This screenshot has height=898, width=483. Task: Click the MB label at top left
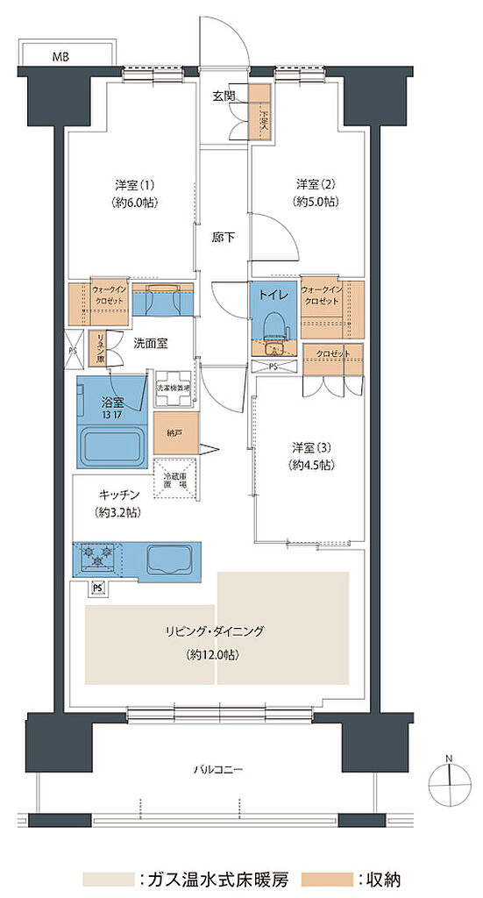(60, 57)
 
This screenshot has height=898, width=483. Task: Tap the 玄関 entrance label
(223, 96)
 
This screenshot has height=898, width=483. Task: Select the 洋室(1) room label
(135, 192)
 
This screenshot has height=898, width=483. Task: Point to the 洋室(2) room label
(316, 192)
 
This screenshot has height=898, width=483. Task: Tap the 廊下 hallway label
(223, 238)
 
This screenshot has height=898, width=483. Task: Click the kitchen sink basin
(171, 557)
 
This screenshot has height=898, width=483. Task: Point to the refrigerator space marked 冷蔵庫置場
(175, 478)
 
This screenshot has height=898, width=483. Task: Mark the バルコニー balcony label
(218, 770)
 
